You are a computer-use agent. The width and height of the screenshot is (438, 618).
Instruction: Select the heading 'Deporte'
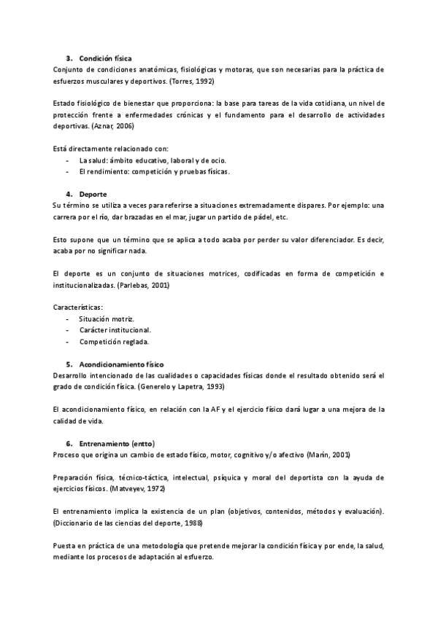(x=93, y=195)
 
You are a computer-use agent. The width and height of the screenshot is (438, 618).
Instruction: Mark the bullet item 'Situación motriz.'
(x=107, y=319)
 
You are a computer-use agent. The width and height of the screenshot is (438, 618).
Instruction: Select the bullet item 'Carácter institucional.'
(x=115, y=330)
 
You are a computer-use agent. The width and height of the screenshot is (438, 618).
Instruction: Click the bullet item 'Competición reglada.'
(x=115, y=341)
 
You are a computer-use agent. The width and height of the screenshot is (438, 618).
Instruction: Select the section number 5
(x=69, y=364)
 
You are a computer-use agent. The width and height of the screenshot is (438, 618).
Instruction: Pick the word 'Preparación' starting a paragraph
(x=78, y=477)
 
